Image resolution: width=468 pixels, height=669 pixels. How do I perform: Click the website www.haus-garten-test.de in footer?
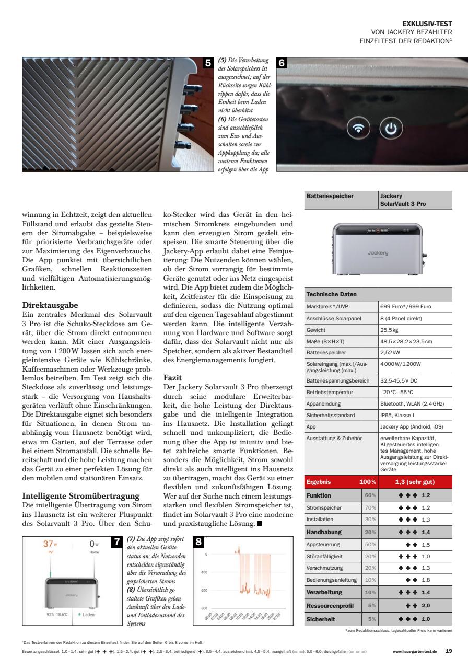pos(415,652)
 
